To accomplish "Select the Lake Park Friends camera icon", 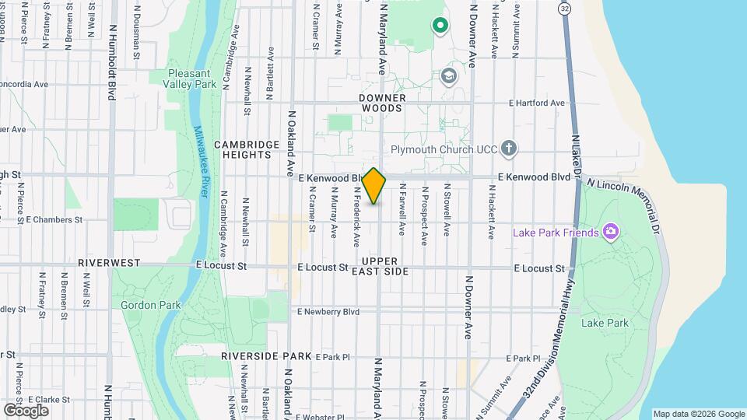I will tap(610, 232).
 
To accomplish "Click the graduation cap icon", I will tap(448, 76).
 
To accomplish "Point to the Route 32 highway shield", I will tap(565, 8).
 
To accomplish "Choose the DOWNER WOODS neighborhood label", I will tap(381, 103).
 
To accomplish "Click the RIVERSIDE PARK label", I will tap(265, 355).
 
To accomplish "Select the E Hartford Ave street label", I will tap(537, 103).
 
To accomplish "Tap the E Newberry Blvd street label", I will tap(328, 312).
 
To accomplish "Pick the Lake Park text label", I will tap(604, 322).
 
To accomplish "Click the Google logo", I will tap(26, 410).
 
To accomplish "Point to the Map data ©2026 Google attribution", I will tap(698, 414).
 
